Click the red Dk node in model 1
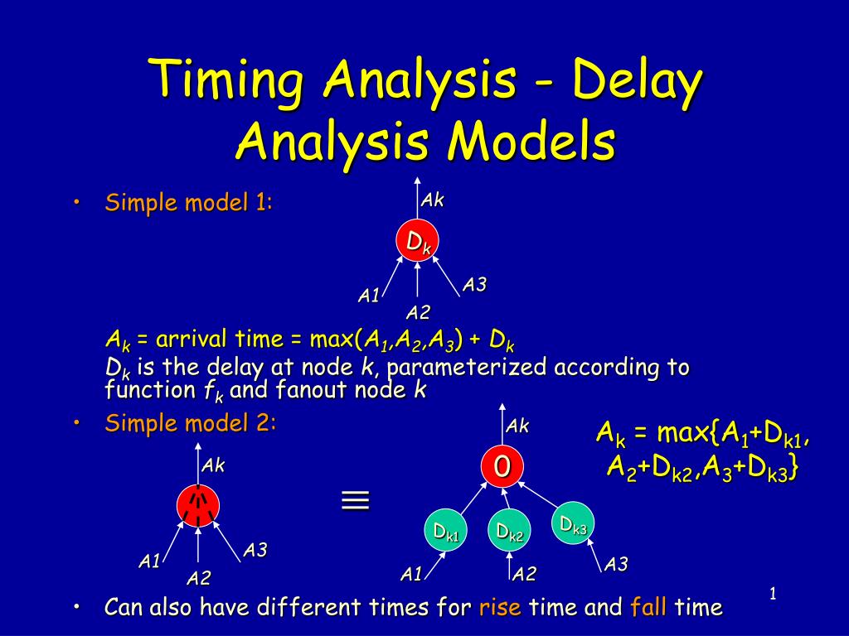click(418, 241)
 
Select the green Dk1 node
click(446, 532)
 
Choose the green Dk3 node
click(573, 524)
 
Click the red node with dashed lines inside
click(197, 504)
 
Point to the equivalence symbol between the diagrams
click(355, 500)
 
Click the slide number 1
click(772, 593)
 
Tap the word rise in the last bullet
click(500, 608)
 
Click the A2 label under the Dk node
click(418, 312)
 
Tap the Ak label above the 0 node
click(518, 426)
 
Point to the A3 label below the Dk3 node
click(615, 565)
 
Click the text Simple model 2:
click(190, 424)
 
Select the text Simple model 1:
click(188, 203)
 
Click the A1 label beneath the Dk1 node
click(411, 574)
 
